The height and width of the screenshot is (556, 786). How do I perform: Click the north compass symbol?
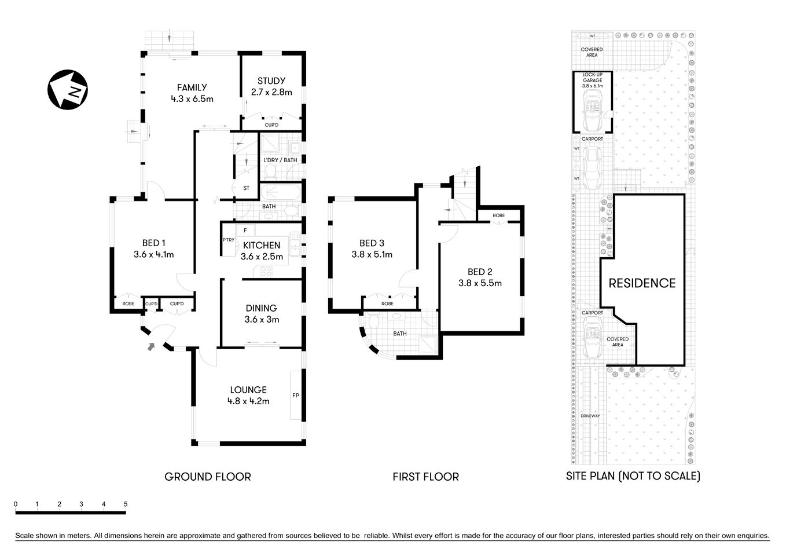[x=67, y=90]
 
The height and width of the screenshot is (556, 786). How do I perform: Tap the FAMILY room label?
[x=192, y=93]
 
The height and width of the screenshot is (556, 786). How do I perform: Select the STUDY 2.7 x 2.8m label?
[x=271, y=86]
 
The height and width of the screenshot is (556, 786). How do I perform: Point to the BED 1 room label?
[x=153, y=248]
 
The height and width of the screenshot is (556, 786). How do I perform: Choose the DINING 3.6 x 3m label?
[x=261, y=313]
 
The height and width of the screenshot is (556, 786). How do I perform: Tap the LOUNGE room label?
[x=248, y=395]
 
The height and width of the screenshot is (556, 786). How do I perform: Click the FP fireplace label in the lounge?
[x=295, y=396]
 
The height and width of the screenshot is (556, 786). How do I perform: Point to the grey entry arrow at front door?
[x=151, y=347]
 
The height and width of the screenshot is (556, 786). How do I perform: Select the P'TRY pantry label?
[x=228, y=240]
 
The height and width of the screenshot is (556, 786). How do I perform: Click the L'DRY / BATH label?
[x=280, y=160]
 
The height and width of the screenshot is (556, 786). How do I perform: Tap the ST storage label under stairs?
[x=246, y=188]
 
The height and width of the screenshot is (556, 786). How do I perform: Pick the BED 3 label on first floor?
[x=372, y=248]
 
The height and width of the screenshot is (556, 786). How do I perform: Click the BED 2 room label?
[x=480, y=277]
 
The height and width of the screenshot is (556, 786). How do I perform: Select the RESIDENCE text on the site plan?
[x=642, y=283]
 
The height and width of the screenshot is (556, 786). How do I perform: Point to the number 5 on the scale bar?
[x=126, y=504]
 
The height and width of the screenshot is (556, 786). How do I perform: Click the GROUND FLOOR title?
[x=208, y=477]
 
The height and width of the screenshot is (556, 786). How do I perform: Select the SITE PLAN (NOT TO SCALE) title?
[x=633, y=476]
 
